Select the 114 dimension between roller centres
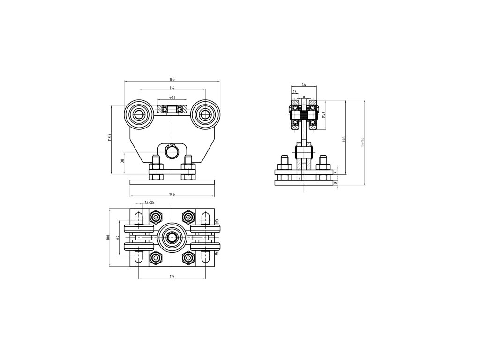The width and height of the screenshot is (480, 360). pos(172,88)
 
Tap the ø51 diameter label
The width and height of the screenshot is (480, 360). pos(172,97)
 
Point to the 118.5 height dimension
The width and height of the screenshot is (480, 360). pos(109,137)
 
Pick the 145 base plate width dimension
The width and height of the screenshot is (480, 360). pos(172,194)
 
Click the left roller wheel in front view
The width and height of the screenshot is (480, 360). pos(139,113)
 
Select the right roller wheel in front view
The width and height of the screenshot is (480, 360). pos(205,113)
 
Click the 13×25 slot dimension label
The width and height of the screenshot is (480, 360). pos(150,202)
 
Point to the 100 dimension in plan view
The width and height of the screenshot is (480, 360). pos(108,237)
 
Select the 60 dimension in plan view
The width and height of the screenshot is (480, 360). pos(117,237)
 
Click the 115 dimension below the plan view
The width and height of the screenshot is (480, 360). pos(172,277)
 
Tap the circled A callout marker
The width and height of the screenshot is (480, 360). pos(217,221)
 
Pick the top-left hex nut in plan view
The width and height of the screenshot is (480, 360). pos(156,217)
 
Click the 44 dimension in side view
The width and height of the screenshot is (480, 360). pos(304,85)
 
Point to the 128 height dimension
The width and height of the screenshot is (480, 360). pos(344,139)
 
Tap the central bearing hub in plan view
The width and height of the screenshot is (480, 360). pos(172,237)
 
